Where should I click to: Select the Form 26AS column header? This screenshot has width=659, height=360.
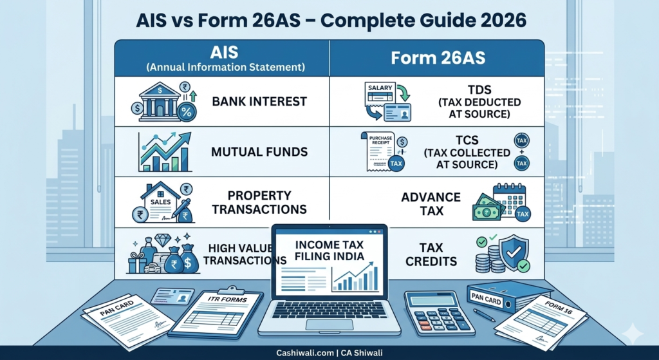tap(437, 58)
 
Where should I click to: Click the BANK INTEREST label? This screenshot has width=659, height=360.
tap(259, 101)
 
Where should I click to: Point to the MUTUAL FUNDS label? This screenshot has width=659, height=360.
tap(259, 153)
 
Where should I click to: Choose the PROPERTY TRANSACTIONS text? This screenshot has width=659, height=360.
tap(259, 202)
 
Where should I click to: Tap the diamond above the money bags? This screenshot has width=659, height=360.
tap(163, 240)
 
